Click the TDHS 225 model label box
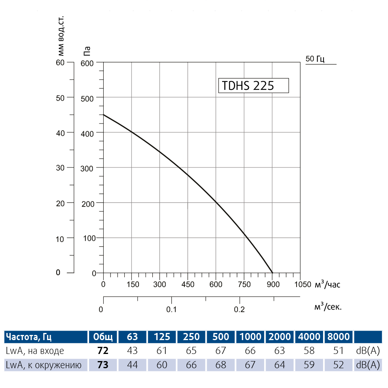253,86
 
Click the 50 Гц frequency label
315,59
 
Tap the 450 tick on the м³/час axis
188,284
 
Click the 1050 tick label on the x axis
303,284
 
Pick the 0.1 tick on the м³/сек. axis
171,309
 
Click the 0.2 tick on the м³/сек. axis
239,309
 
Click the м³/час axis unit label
327,284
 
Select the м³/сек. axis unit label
327,306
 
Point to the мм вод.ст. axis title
61,36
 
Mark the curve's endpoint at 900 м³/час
272,273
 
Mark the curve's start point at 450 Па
103,115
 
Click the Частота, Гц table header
29,337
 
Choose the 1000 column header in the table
250,337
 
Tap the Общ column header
103,337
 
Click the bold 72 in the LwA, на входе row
103,351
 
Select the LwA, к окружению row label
44,365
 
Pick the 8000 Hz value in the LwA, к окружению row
339,365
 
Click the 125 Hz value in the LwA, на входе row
162,351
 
